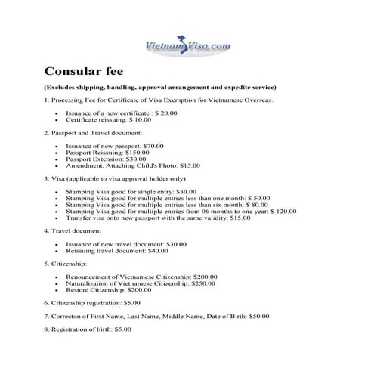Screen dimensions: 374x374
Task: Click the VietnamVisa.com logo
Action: (187, 46)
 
